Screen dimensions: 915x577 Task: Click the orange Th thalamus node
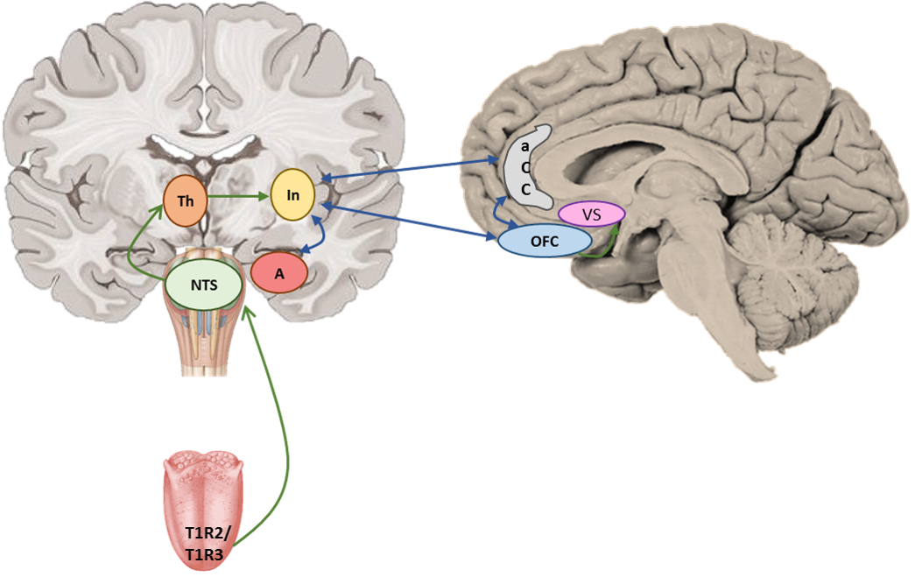coord(185,201)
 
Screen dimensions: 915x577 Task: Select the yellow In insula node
coord(292,195)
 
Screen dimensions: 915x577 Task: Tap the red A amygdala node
coord(279,273)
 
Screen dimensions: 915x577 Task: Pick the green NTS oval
coord(204,285)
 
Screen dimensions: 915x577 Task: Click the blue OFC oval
coord(545,241)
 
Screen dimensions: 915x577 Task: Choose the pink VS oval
coord(592,215)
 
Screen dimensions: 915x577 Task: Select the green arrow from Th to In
coord(239,197)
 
